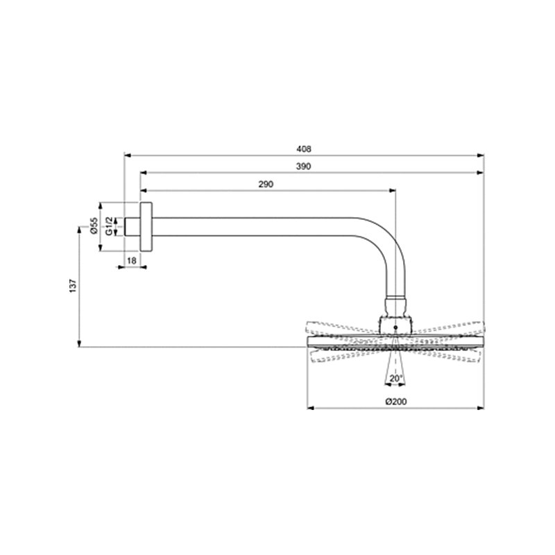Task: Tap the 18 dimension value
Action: coord(132,259)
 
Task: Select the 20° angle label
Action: coord(395,379)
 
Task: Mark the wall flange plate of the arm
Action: coord(146,227)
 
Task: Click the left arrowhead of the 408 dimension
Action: coord(126,155)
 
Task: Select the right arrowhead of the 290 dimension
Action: coord(392,189)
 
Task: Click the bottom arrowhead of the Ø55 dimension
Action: coord(101,248)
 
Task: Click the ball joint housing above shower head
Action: coord(395,321)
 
